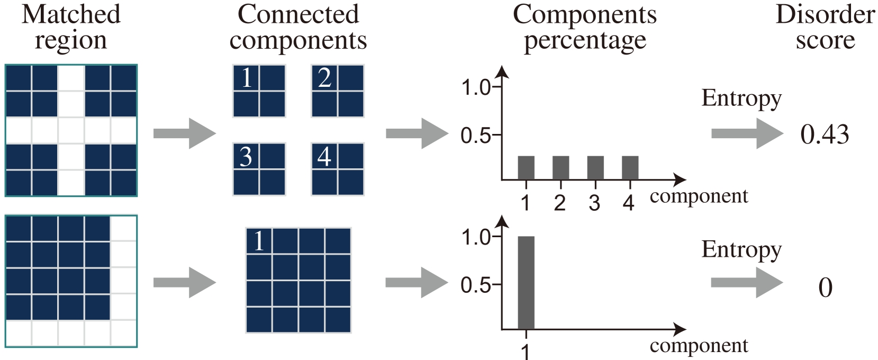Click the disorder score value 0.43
coord(825,134)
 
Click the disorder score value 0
coord(825,287)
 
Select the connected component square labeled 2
coord(338,91)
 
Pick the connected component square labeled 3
coord(259,169)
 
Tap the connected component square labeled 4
coord(338,169)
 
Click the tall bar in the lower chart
coord(526,282)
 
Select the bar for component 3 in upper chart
coord(595,167)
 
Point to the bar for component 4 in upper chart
coord(630,167)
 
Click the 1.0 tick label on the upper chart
coord(476,87)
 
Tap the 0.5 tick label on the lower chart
coord(476,285)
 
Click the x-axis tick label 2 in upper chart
coord(560,203)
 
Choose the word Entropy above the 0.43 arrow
coord(741,99)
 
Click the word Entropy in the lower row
coord(741,250)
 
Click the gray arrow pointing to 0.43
coord(746,133)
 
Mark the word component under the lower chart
coord(699,346)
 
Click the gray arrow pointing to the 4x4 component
coord(185,283)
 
